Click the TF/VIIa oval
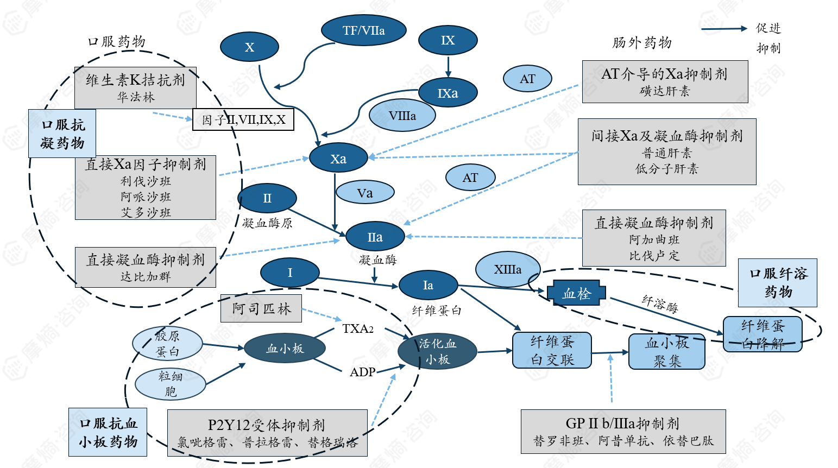(x=363, y=30)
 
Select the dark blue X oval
(x=249, y=47)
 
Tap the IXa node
(x=448, y=93)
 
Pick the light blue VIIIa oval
(x=402, y=116)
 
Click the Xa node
(x=338, y=159)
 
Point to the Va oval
(x=365, y=193)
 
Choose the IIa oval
(x=375, y=237)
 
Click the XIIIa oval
(x=508, y=269)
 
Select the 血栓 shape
(x=576, y=294)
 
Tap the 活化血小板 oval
(x=437, y=351)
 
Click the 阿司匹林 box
(x=261, y=308)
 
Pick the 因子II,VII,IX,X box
(x=243, y=119)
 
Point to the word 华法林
(x=136, y=97)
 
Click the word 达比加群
(x=146, y=277)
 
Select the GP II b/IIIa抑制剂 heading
(x=622, y=423)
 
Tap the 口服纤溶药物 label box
(x=778, y=282)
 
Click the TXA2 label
(x=358, y=328)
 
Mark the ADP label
(x=362, y=372)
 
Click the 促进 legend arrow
(x=723, y=29)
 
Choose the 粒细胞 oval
(x=170, y=384)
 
